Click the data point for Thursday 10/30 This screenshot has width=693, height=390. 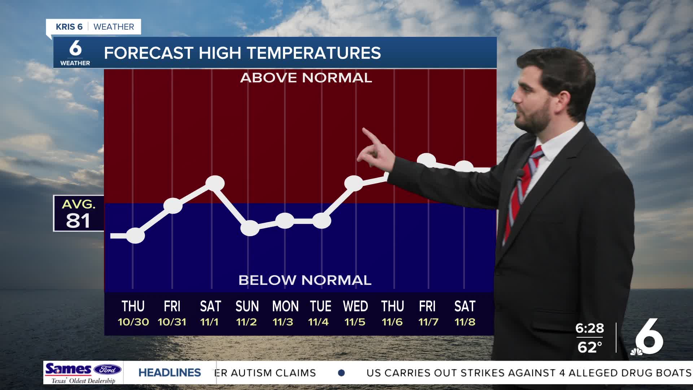tap(135, 236)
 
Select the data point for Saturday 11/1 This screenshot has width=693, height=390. tap(215, 183)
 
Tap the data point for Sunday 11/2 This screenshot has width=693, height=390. tap(250, 228)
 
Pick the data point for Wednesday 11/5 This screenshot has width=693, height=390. tap(354, 183)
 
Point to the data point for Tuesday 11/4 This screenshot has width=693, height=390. tap(321, 221)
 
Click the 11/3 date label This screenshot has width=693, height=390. tap(283, 322)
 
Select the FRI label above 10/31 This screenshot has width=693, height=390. tap(172, 307)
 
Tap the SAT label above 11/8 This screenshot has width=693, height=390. tap(465, 307)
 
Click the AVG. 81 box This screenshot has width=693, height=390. tap(79, 213)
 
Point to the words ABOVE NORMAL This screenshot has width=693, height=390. tap(306, 78)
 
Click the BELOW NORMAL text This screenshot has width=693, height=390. tap(305, 280)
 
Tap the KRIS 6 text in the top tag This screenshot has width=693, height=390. tap(69, 27)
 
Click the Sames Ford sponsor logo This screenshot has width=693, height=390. tap(83, 373)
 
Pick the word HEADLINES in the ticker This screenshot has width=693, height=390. tap(170, 373)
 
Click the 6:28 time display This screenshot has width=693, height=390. tap(589, 328)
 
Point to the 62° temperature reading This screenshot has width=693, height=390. tap(589, 347)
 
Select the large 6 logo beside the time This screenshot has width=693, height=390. tap(648, 338)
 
